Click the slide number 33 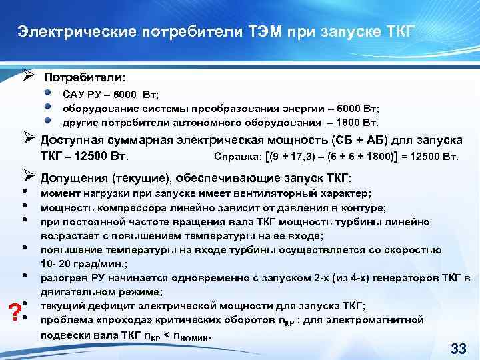pos(458,348)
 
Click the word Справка pos(235,157)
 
